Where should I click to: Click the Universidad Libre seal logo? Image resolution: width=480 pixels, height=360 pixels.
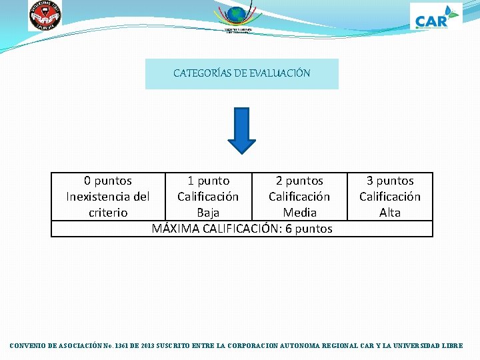click(x=45, y=15)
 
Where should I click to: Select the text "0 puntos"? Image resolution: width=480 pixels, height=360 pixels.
click(x=108, y=181)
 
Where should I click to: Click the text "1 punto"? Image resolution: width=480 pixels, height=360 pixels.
click(x=208, y=181)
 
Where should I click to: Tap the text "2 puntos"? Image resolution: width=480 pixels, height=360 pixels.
click(x=299, y=181)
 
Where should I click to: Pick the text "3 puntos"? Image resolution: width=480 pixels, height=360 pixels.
click(x=390, y=181)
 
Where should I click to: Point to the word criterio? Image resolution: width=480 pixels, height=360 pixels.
click(x=108, y=213)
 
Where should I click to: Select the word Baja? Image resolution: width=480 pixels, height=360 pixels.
click(x=208, y=213)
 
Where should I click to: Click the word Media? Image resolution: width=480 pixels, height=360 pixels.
click(x=299, y=213)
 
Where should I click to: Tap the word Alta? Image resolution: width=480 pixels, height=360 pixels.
click(x=390, y=213)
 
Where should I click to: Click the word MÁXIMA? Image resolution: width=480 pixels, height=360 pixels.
click(x=176, y=229)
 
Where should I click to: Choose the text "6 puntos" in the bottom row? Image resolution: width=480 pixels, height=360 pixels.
click(x=309, y=229)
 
